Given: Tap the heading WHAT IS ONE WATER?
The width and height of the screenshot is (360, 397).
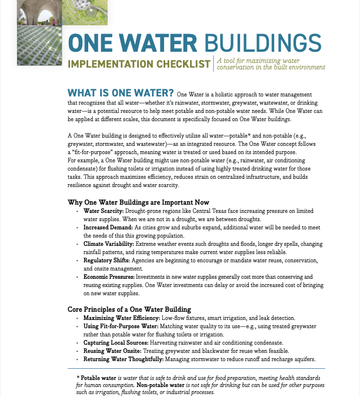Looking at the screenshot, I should (121, 93).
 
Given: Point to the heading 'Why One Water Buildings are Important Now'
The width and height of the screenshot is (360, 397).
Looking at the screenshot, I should (139, 202).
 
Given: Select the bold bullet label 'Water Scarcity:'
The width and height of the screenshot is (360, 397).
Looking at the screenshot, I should (102, 211).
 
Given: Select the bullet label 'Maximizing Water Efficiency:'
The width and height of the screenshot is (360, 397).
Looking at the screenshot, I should (122, 318).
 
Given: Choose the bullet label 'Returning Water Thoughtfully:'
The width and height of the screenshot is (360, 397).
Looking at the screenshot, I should (123, 359).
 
